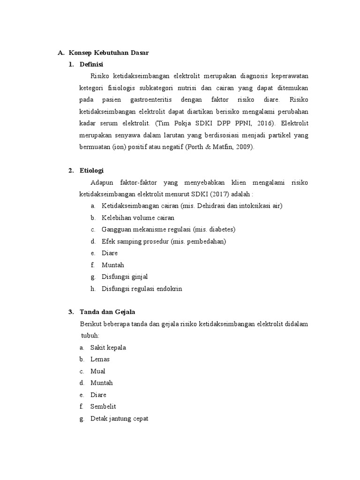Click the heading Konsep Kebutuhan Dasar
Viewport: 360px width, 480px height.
pyautogui.click(x=108, y=53)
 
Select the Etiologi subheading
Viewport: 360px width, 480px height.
pyautogui.click(x=91, y=171)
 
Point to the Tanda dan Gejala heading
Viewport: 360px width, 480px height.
pyautogui.click(x=107, y=312)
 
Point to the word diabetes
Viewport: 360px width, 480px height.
pyautogui.click(x=220, y=229)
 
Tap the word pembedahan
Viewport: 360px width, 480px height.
pyautogui.click(x=207, y=241)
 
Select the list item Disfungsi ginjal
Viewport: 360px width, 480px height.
pyautogui.click(x=124, y=277)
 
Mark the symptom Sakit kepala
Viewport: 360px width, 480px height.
pyautogui.click(x=108, y=347)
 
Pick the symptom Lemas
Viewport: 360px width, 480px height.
pyautogui.click(x=100, y=359)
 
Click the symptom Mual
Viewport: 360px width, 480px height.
pyautogui.click(x=98, y=371)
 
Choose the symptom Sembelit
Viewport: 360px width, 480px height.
pyautogui.click(x=103, y=406)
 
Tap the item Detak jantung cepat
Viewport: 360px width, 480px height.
pyautogui.click(x=119, y=418)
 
